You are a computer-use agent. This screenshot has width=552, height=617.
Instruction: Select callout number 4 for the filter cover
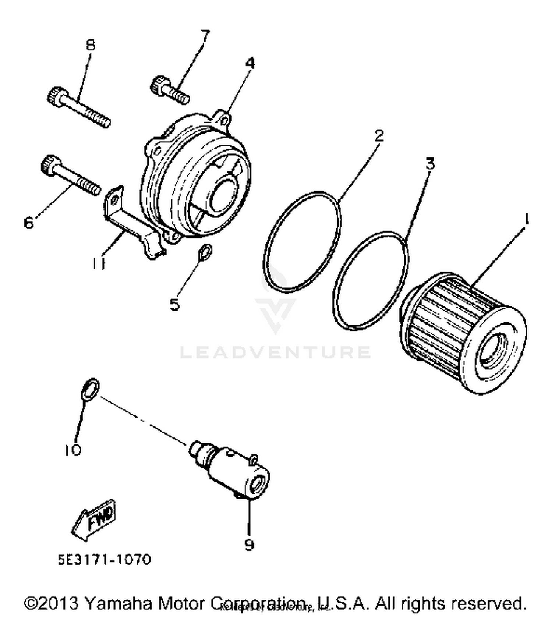pyautogui.click(x=250, y=63)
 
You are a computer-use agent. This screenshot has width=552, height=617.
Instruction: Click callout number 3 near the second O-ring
pyautogui.click(x=430, y=163)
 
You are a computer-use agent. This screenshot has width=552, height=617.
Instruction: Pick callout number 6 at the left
pyautogui.click(x=29, y=223)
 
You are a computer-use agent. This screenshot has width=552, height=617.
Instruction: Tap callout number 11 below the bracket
pyautogui.click(x=99, y=263)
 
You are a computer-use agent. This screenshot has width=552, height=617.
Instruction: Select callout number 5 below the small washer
pyautogui.click(x=175, y=305)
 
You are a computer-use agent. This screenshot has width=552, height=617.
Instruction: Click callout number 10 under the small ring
pyautogui.click(x=73, y=450)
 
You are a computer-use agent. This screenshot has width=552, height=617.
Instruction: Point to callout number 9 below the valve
pyautogui.click(x=249, y=544)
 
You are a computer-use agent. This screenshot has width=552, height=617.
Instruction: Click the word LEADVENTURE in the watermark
pyautogui.click(x=275, y=352)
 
